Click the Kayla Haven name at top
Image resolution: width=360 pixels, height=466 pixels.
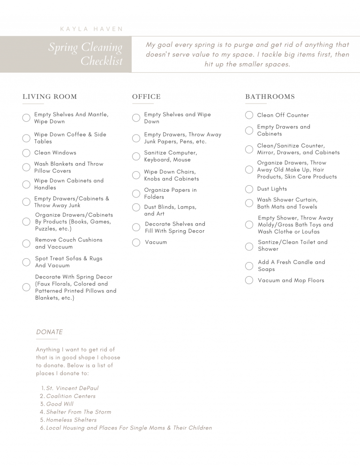(91, 29)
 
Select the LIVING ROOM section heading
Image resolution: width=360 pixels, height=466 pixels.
(50, 97)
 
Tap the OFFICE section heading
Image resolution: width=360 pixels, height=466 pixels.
(146, 97)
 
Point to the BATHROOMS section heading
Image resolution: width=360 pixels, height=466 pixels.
(270, 97)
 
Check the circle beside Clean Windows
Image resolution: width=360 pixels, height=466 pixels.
(27, 153)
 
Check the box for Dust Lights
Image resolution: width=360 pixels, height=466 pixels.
(249, 189)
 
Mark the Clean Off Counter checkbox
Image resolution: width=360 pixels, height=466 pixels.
(249, 115)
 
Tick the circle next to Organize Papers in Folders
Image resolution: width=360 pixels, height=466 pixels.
(136, 194)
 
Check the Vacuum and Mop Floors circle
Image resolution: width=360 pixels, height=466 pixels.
(249, 280)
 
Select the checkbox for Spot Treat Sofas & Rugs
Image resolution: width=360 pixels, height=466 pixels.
(27, 262)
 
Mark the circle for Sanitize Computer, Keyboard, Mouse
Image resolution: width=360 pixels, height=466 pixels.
(136, 156)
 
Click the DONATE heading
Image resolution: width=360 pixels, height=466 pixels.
(49, 332)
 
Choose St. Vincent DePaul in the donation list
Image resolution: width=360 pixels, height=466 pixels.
(72, 388)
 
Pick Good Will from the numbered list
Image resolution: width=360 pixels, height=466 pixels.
(60, 404)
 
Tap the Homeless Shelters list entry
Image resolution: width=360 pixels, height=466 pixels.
(71, 420)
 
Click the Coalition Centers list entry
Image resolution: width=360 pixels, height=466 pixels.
(71, 396)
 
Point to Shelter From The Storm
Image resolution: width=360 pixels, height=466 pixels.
(79, 412)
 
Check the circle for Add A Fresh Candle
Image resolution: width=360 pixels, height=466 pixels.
(249, 266)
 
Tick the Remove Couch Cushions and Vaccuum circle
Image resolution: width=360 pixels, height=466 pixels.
(27, 243)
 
